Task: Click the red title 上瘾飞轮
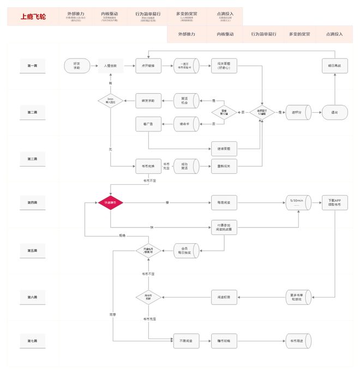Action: pyautogui.click(x=33, y=17)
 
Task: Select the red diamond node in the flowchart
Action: pyautogui.click(x=110, y=202)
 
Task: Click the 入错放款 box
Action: pyautogui.click(x=110, y=65)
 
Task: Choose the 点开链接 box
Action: pyautogui.click(x=148, y=65)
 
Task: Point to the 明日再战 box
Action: pyautogui.click(x=334, y=65)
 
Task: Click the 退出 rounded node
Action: pyautogui.click(x=334, y=112)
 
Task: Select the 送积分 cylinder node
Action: pyautogui.click(x=297, y=112)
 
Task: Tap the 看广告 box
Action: pyautogui.click(x=148, y=124)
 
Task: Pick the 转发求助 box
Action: pyautogui.click(x=148, y=100)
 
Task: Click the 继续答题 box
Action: pyautogui.click(x=224, y=147)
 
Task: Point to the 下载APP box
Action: pyautogui.click(x=334, y=203)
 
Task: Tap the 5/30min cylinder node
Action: pyautogui.click(x=297, y=203)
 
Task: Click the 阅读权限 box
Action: pyautogui.click(x=224, y=297)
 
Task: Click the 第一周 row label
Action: pyautogui.click(x=32, y=65)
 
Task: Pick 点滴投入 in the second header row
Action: pyautogui.click(x=334, y=34)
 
